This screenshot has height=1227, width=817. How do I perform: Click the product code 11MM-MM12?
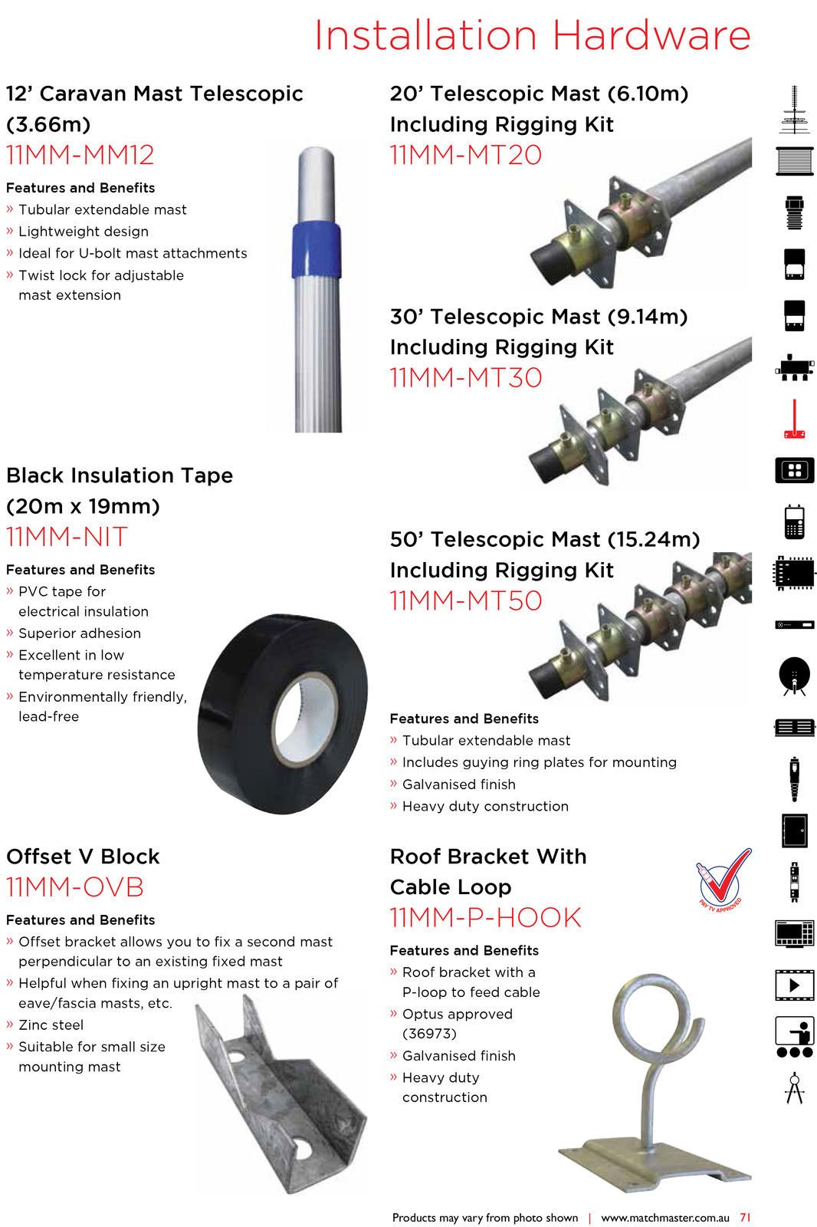[x=80, y=155]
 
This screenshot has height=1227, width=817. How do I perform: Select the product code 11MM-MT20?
[x=466, y=155]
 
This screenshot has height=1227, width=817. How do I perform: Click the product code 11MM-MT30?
[x=466, y=377]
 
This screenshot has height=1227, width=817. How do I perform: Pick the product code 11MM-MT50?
[x=466, y=600]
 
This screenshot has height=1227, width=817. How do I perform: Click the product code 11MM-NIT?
[x=67, y=537]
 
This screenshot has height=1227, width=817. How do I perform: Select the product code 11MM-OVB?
[x=75, y=887]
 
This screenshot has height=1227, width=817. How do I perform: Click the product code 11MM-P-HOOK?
[x=486, y=918]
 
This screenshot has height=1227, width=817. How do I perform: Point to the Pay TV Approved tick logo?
[x=723, y=880]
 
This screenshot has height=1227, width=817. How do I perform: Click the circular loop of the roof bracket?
[x=658, y=1020]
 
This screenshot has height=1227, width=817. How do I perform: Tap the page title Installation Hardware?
[x=533, y=35]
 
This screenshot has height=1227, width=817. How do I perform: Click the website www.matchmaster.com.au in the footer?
[x=664, y=1217]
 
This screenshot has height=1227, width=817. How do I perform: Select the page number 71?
[x=745, y=1217]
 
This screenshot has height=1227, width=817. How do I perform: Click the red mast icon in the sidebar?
[x=794, y=419]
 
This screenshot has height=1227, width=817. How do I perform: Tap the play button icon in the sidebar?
[x=794, y=985]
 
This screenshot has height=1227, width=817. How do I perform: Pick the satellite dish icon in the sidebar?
[x=794, y=676]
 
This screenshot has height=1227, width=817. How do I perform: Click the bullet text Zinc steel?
[x=51, y=1025]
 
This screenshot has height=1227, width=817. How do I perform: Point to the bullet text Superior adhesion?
[x=80, y=633]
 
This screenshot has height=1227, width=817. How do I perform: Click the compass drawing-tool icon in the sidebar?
[x=794, y=1087]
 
